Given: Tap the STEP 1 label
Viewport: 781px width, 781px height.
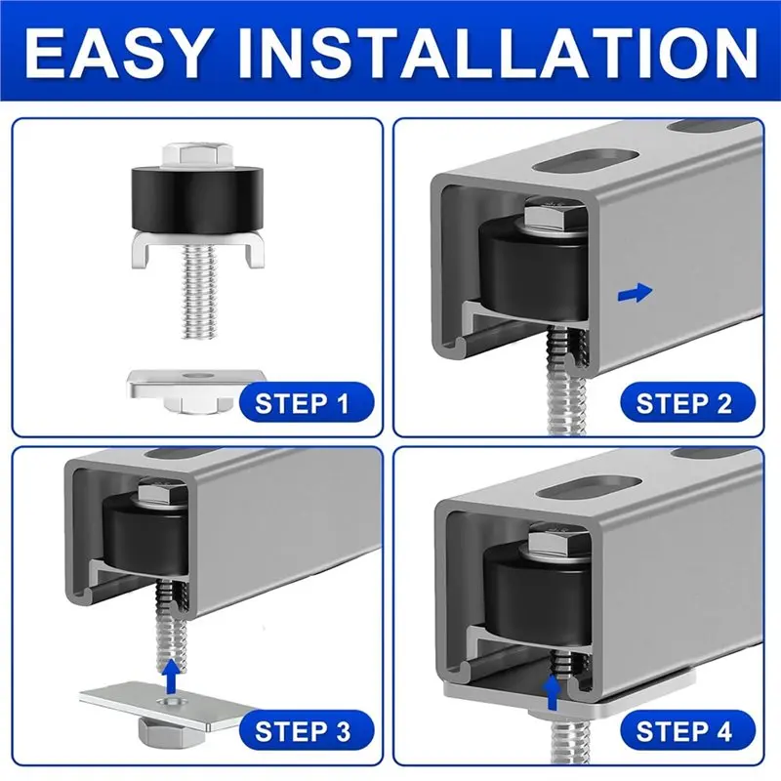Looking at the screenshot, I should (x=302, y=402).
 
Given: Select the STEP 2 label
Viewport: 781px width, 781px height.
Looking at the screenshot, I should (x=683, y=402).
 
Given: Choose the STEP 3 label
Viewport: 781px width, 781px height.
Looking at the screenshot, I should (x=302, y=729).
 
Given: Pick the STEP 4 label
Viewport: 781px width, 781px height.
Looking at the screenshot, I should (x=683, y=729).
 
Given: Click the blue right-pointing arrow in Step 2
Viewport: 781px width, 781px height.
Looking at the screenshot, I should (x=635, y=291).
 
